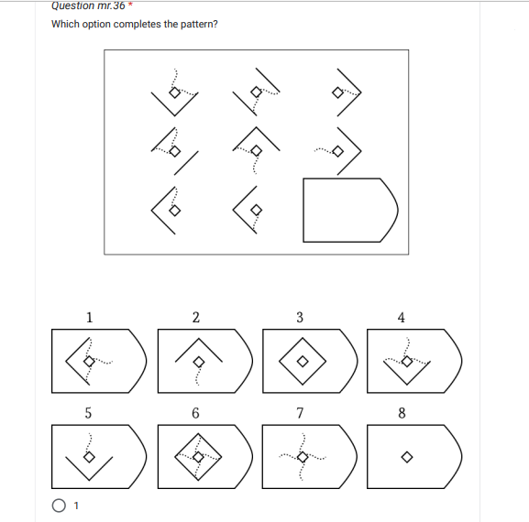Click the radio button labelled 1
pos(60,505)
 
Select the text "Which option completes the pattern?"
pos(135,24)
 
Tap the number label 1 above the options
pos(89,318)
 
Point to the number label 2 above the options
pos(195,318)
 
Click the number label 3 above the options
pos(300,318)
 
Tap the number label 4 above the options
pos(402,318)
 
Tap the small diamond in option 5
pos(88,457)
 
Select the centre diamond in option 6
pos(195,455)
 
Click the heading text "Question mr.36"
pos(88,5)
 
